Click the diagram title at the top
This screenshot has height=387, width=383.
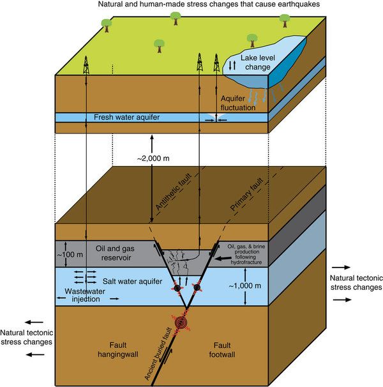[x=209, y=4]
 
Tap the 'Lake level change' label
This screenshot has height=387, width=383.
[x=258, y=63]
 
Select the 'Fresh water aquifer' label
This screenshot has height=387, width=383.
[x=126, y=117]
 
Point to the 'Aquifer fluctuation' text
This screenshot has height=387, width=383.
[x=238, y=103]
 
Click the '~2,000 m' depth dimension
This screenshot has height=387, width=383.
[x=153, y=158]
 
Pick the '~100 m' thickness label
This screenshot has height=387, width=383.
[x=70, y=254]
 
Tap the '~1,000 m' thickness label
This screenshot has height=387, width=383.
[x=245, y=286]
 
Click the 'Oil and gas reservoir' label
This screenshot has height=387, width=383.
[x=115, y=253]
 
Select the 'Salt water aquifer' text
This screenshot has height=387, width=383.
[x=132, y=281]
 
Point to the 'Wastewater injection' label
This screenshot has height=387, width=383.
[x=85, y=295]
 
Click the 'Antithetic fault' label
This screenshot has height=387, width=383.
[x=174, y=192]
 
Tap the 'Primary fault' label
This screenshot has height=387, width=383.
[x=247, y=195]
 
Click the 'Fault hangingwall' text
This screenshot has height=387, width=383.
[x=117, y=350]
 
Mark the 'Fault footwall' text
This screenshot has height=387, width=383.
[x=222, y=350]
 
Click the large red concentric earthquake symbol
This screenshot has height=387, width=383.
[x=181, y=322]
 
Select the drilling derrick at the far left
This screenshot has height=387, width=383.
[x=86, y=65]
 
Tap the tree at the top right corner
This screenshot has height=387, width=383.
[x=285, y=20]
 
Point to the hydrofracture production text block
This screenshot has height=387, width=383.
[x=246, y=254]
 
